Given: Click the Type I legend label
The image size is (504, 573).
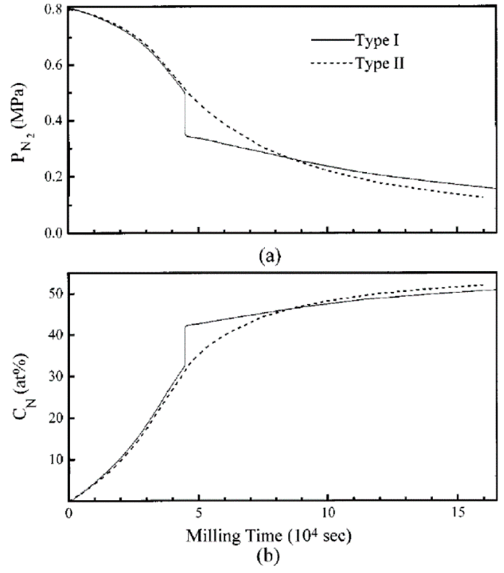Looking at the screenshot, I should pyautogui.click(x=377, y=41).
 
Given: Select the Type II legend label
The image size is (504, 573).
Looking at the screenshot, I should pyautogui.click(x=380, y=64).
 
